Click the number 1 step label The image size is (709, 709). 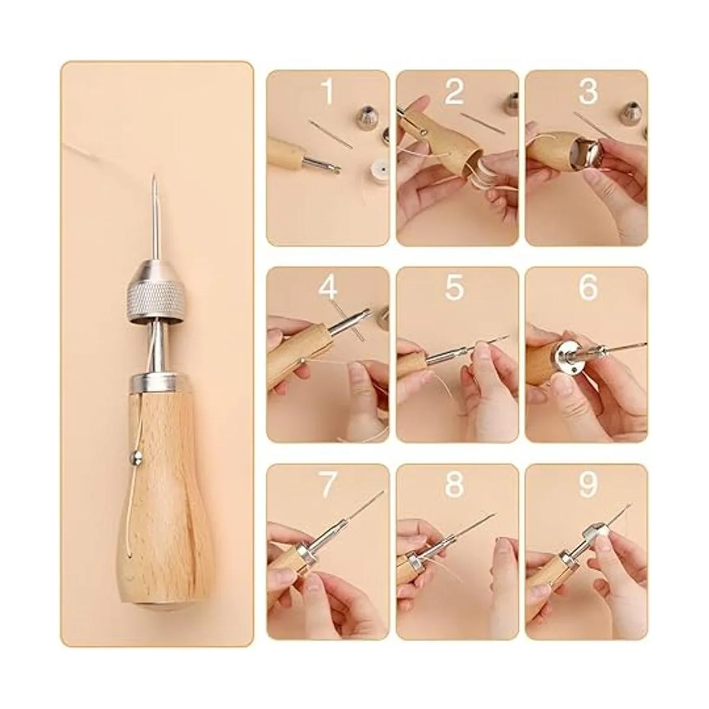327,92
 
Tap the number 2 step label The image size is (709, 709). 454,92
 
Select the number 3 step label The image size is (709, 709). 588,92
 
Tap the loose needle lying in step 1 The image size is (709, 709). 330,134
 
